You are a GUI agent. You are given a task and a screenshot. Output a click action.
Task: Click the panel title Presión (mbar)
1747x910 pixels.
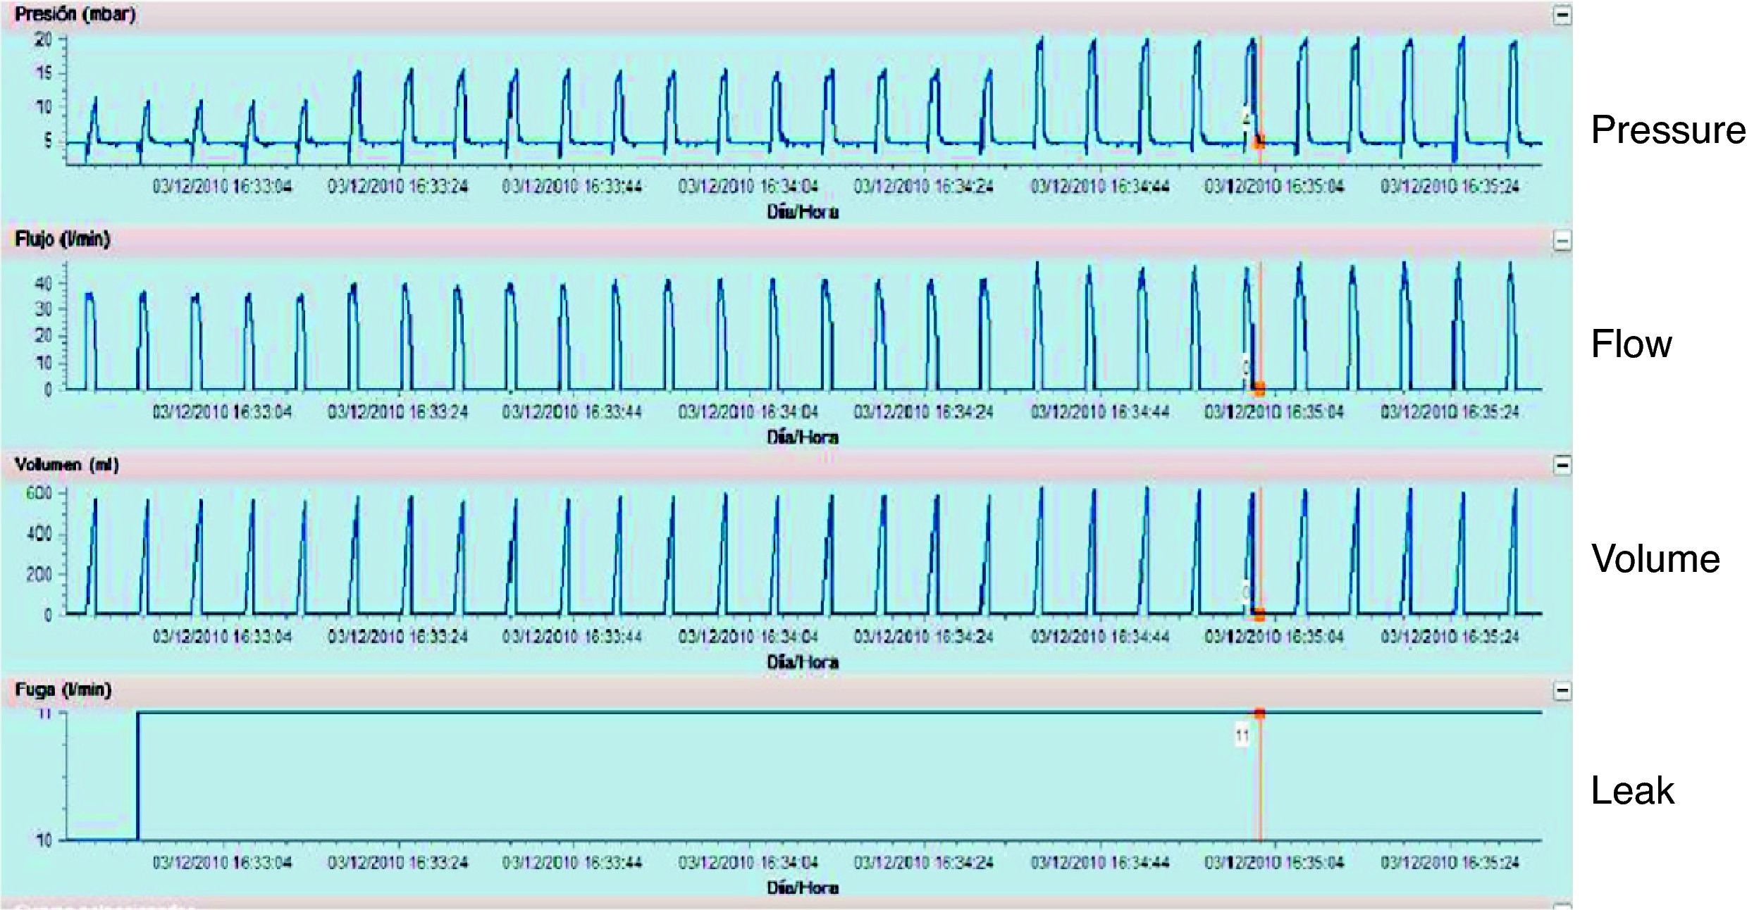[x=75, y=15]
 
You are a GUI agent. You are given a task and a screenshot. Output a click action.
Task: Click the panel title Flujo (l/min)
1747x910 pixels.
[x=63, y=239]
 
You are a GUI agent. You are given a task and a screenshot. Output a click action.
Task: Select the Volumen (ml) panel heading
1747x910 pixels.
[x=67, y=465]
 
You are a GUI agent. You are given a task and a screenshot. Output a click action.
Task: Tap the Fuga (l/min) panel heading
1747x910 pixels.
[x=63, y=690]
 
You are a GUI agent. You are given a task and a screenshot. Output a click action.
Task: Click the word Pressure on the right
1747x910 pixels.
[x=1667, y=130]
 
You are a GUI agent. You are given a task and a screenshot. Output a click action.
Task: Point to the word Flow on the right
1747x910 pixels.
[x=1631, y=344]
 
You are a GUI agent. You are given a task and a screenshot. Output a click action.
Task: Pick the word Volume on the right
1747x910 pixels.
[x=1655, y=559]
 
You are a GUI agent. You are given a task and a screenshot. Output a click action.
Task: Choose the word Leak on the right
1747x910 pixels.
[x=1632, y=791]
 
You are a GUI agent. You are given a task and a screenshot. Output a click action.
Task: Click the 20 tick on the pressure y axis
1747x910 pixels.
[x=44, y=40]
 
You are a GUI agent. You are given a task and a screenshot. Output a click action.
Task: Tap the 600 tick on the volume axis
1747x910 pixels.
[x=39, y=493]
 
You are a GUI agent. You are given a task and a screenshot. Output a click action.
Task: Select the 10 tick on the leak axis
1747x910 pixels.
[x=44, y=840]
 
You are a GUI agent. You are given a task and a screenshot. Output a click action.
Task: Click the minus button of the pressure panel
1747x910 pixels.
[x=1562, y=15]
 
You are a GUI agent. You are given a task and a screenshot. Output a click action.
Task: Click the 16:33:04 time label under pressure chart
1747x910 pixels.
[x=222, y=187]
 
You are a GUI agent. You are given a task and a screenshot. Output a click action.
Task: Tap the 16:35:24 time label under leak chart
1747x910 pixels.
[x=1450, y=863]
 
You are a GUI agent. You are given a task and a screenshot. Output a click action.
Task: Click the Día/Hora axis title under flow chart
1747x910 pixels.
[x=803, y=437]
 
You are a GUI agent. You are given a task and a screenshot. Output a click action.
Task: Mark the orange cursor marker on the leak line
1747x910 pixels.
[x=1259, y=713]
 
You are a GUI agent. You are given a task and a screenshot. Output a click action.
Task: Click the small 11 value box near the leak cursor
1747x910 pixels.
[x=1242, y=737]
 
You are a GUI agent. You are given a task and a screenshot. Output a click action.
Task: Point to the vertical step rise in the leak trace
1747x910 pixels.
[x=138, y=775]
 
